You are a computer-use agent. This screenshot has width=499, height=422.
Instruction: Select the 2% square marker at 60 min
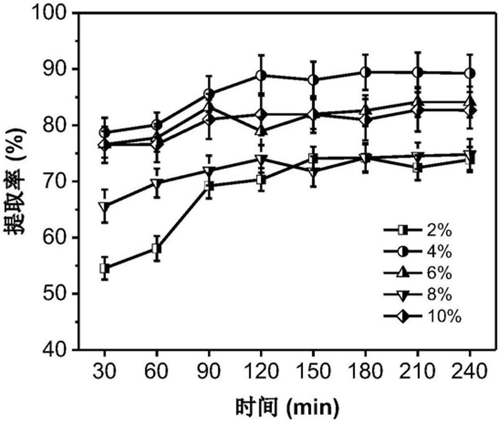[157, 249]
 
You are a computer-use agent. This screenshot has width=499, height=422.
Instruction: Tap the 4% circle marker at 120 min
[262, 76]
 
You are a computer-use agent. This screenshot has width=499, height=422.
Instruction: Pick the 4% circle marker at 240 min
[470, 74]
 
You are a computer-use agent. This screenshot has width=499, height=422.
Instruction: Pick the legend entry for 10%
[422, 317]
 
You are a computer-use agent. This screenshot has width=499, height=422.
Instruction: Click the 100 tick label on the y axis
[61, 13]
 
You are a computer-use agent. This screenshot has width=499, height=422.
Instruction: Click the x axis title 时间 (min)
[288, 407]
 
